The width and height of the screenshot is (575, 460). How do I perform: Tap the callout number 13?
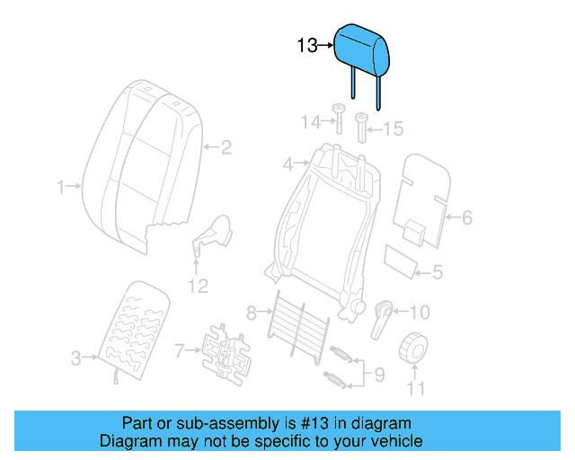pyautogui.click(x=307, y=44)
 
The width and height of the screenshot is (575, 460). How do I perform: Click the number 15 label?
pyautogui.click(x=394, y=129)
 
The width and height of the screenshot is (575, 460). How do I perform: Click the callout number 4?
pyautogui.click(x=288, y=164)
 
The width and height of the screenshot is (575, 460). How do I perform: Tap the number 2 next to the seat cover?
pyautogui.click(x=226, y=146)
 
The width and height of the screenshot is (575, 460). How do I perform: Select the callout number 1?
pyautogui.click(x=61, y=187)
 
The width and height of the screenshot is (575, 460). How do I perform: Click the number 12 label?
pyautogui.click(x=197, y=286)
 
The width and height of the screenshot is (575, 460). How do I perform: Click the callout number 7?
pyautogui.click(x=179, y=349)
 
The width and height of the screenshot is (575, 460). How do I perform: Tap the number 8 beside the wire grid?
pyautogui.click(x=251, y=313)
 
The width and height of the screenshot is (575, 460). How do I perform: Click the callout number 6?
pyautogui.click(x=466, y=217)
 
